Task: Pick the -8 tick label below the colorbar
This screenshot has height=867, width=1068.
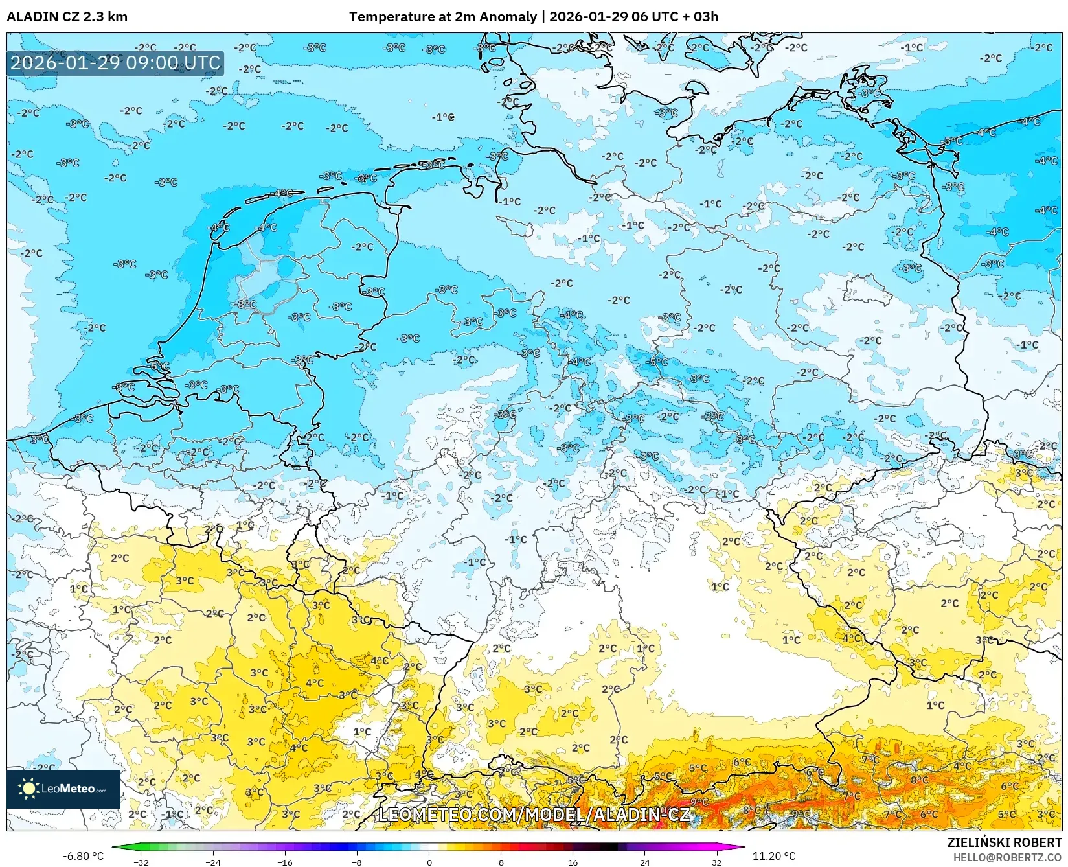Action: tap(357, 862)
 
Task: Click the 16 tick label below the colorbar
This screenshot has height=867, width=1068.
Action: tap(573, 862)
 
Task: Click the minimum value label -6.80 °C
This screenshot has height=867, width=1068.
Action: tap(83, 856)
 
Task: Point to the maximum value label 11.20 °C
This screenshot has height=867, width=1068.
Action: tap(773, 856)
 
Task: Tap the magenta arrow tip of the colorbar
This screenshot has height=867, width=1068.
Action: tap(742, 847)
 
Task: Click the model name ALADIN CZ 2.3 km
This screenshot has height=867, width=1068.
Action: tap(67, 17)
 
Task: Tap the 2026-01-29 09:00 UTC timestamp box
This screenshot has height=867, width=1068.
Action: tap(115, 63)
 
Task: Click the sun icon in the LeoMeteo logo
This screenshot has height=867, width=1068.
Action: tap(28, 789)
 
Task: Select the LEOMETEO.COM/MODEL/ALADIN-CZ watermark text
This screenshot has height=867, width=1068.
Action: tap(534, 814)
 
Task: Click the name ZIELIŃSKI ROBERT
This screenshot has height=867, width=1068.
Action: tap(1004, 843)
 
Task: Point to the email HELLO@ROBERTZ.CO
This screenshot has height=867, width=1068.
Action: tap(1007, 857)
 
